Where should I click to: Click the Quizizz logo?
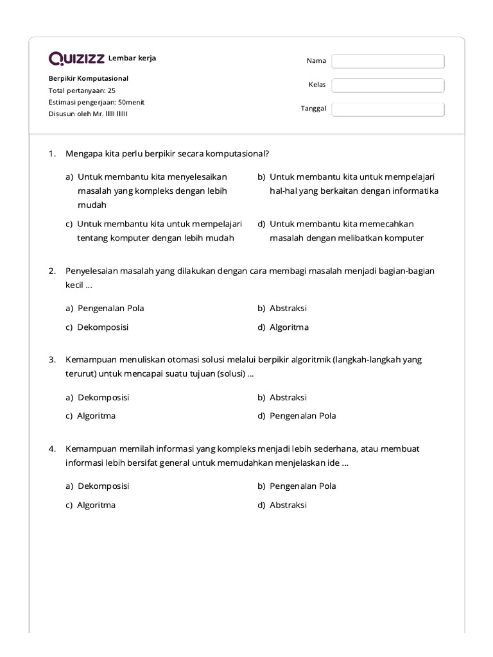click(77, 59)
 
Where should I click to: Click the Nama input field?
click(388, 61)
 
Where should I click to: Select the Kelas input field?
click(388, 85)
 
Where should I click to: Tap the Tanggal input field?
click(388, 109)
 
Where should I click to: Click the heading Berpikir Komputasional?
click(89, 78)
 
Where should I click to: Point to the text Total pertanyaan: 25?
click(82, 90)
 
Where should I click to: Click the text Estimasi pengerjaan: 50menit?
click(96, 102)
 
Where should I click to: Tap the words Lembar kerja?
click(132, 58)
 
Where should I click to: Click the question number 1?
click(52, 154)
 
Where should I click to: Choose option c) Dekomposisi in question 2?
click(97, 327)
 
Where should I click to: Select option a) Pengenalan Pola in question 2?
click(105, 308)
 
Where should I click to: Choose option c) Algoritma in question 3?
click(91, 416)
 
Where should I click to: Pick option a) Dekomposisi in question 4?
click(97, 486)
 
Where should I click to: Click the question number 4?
click(52, 448)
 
